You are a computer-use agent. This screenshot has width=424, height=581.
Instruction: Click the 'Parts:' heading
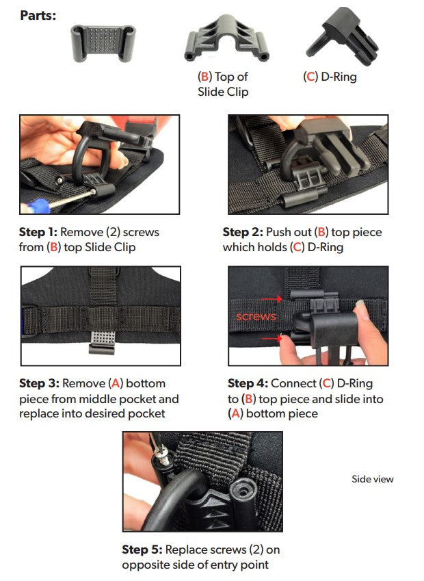(38, 14)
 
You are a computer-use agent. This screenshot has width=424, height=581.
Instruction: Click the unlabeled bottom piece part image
(104, 44)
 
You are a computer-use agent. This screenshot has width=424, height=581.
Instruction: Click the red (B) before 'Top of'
(204, 77)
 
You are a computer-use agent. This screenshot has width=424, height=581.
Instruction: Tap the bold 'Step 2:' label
(243, 233)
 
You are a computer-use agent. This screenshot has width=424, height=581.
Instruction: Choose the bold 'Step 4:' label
(248, 383)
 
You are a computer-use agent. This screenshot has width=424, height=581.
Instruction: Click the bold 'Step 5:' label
(142, 550)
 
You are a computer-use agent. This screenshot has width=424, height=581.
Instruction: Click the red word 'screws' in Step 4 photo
(255, 317)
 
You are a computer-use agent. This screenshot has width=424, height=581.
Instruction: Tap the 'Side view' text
(373, 479)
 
